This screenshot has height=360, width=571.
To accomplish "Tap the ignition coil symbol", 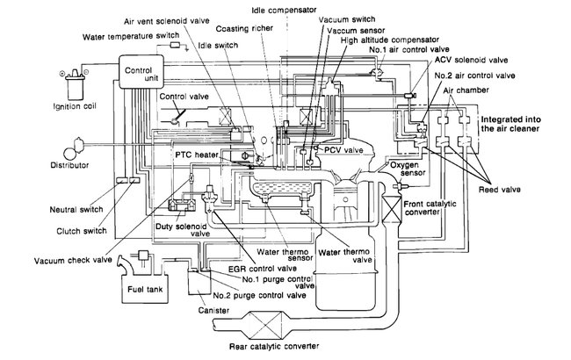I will [x=24, y=80].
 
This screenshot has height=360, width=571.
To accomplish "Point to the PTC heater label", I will [x=194, y=154].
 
